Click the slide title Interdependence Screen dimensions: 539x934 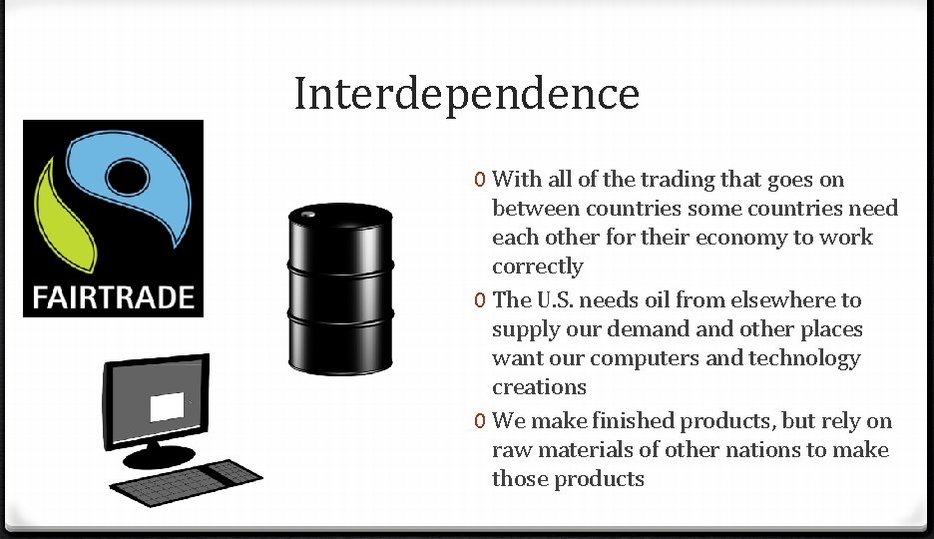[x=466, y=95]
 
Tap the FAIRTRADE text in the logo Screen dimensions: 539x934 [x=113, y=297]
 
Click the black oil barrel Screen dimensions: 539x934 [x=339, y=289]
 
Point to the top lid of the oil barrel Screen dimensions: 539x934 [x=339, y=214]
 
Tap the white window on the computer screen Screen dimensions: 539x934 [x=168, y=406]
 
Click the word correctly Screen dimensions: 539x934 [x=537, y=267]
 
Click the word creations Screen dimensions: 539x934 [x=539, y=387]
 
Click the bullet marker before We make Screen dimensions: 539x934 [x=481, y=421]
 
